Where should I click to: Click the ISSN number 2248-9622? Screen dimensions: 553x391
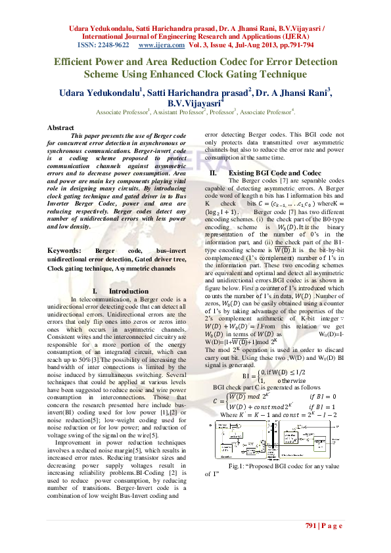(110, 47)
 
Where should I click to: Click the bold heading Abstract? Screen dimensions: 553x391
(61, 127)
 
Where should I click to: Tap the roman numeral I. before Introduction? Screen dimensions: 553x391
(95, 291)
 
